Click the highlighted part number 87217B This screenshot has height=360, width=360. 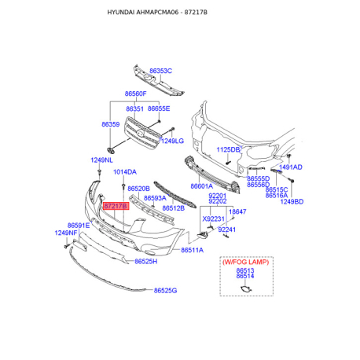[x=116, y=206]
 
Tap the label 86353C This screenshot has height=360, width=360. [x=160, y=71]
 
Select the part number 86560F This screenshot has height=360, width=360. [x=135, y=94]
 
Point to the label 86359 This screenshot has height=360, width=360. [x=111, y=124]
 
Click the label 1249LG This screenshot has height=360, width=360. [x=172, y=141]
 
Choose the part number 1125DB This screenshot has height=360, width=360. [x=228, y=149]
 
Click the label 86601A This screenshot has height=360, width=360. [x=202, y=186]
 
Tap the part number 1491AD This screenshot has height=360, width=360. [x=291, y=167]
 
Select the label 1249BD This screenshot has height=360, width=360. [x=292, y=202]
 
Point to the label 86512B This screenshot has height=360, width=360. [x=174, y=208]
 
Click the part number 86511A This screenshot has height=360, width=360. [x=192, y=250]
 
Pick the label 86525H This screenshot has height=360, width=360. [x=146, y=262]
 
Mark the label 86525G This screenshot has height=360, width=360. [x=165, y=291]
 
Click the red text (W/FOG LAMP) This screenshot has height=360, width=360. [x=246, y=262]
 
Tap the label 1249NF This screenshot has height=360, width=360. [x=66, y=233]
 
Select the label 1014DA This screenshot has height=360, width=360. [x=125, y=172]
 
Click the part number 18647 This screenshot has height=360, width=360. [x=237, y=211]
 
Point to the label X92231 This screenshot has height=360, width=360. [x=213, y=219]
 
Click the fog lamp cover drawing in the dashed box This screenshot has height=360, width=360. [x=246, y=289]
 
